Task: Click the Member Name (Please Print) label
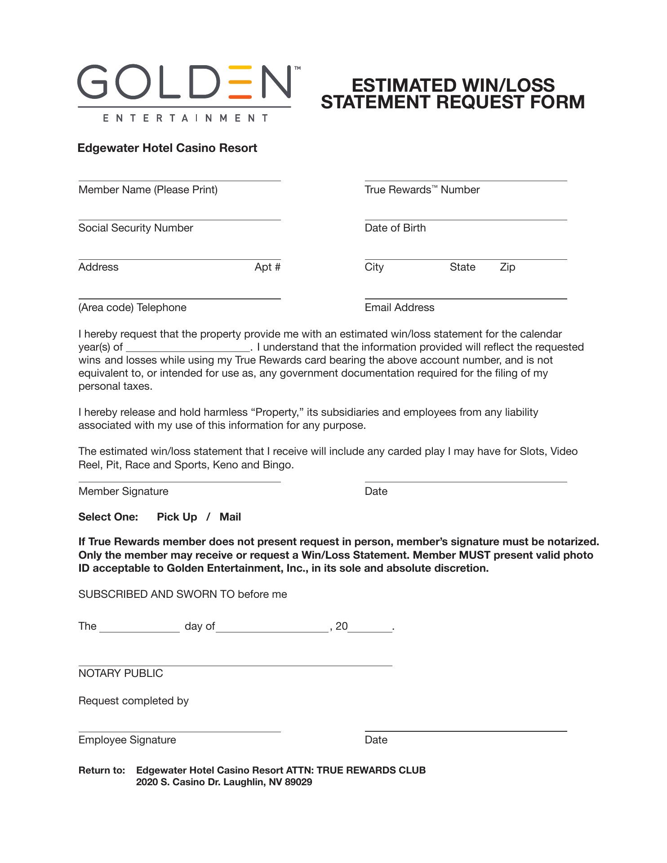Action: [x=148, y=190]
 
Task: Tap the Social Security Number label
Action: [x=136, y=228]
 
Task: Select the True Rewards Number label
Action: [x=422, y=190]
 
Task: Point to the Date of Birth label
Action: [x=395, y=228]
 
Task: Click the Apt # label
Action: [x=267, y=267]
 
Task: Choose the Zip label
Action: [x=507, y=267]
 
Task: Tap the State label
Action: [x=462, y=267]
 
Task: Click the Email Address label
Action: [x=400, y=307]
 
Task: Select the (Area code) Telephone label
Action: [x=132, y=307]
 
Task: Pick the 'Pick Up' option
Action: [x=177, y=517]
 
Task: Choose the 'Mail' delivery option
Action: [x=230, y=517]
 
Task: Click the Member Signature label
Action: [x=123, y=491]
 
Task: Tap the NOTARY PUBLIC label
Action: [x=120, y=673]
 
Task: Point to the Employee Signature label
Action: [x=127, y=740]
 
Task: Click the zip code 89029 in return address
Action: [x=298, y=782]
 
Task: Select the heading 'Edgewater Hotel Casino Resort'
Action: [x=167, y=148]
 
